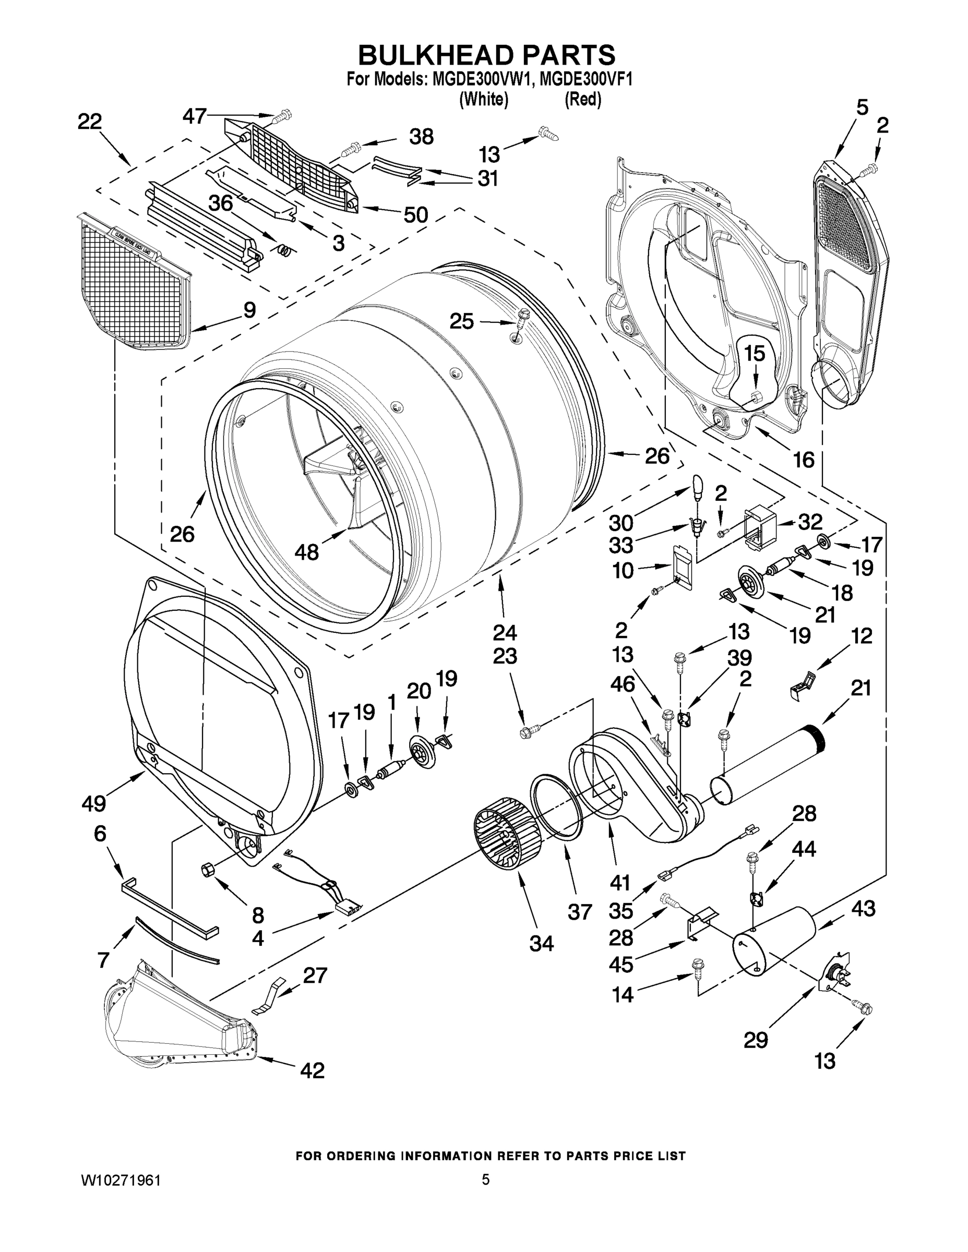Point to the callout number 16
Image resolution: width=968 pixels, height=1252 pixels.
pos(804,459)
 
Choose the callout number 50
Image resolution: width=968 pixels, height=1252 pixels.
pos(416,215)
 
